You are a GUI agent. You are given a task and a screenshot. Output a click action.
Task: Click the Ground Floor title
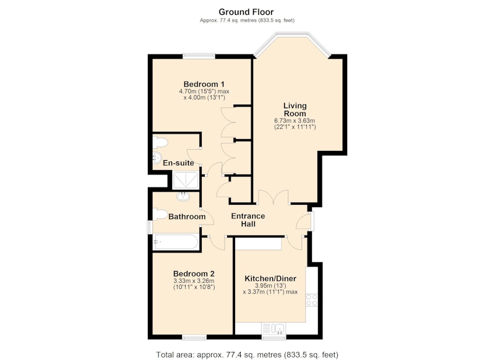tap(246, 12)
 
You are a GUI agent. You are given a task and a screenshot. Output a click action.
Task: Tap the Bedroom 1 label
tap(204, 84)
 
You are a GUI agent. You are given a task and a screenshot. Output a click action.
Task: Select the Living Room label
tap(295, 109)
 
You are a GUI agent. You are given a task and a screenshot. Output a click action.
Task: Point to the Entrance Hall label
tap(248, 220)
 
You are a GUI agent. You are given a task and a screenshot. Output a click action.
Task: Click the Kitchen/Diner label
tap(270, 278)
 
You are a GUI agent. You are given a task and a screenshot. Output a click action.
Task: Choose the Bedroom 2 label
tap(194, 273)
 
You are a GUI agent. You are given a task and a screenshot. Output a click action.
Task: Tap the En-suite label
tap(178, 163)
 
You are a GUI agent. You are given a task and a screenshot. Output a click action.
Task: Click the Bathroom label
tap(187, 216)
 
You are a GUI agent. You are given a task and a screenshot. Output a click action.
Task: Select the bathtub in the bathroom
tap(176, 242)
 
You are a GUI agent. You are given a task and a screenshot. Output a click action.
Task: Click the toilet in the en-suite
tap(160, 142)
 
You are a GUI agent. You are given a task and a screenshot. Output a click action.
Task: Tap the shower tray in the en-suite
tap(186, 180)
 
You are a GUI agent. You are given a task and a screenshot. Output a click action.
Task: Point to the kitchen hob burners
tap(312, 300)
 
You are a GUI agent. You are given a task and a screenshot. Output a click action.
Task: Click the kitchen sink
tap(274, 328)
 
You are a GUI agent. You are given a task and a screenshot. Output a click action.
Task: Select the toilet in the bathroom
tap(160, 214)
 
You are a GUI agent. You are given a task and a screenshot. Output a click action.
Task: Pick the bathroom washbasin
tap(183, 197)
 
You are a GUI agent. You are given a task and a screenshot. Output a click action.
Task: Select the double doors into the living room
tap(273, 197)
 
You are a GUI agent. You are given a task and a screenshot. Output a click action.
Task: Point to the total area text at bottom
tap(247, 354)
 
